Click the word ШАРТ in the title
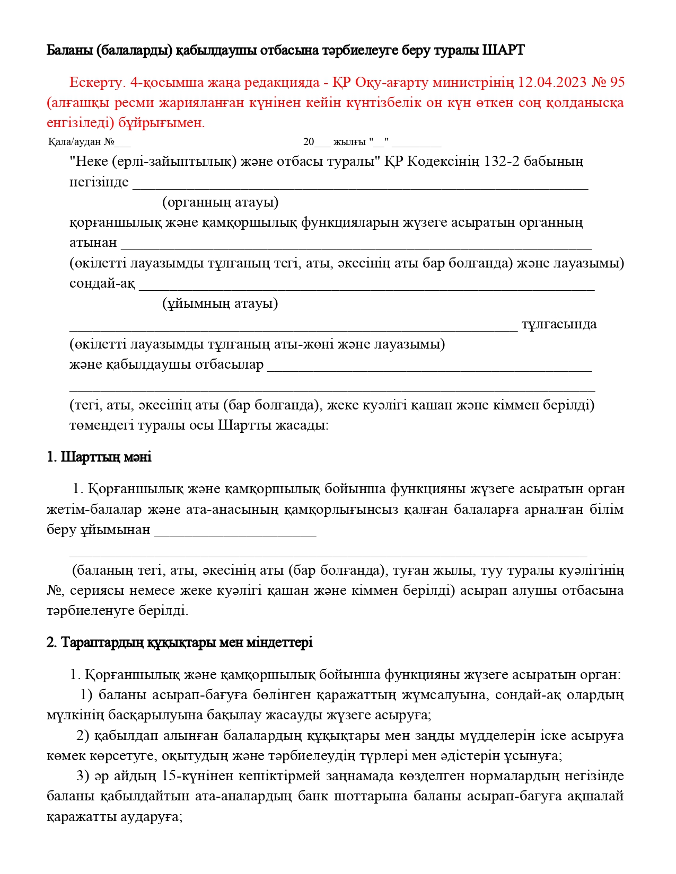503,50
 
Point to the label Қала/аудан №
82,142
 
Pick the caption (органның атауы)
220,202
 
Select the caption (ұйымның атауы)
220,304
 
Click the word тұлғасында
559,324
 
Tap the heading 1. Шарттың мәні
99,457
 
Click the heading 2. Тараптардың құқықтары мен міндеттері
179,643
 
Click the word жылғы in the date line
349,142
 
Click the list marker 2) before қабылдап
83,736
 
